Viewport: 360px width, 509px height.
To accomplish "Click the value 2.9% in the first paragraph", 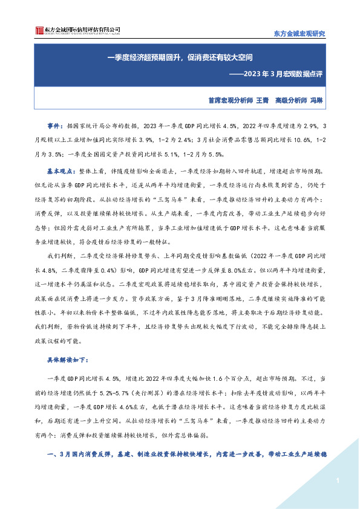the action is [x=305, y=126].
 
